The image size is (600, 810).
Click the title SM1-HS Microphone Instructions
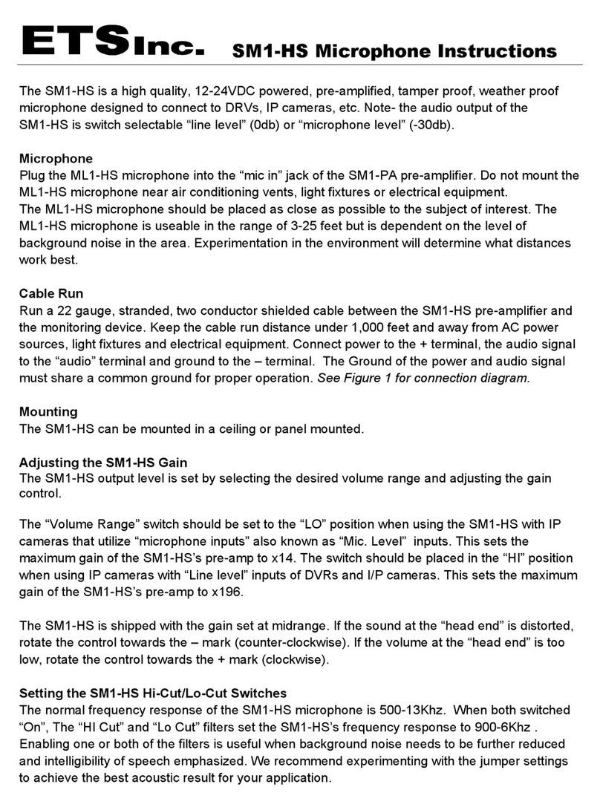pyautogui.click(x=394, y=51)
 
